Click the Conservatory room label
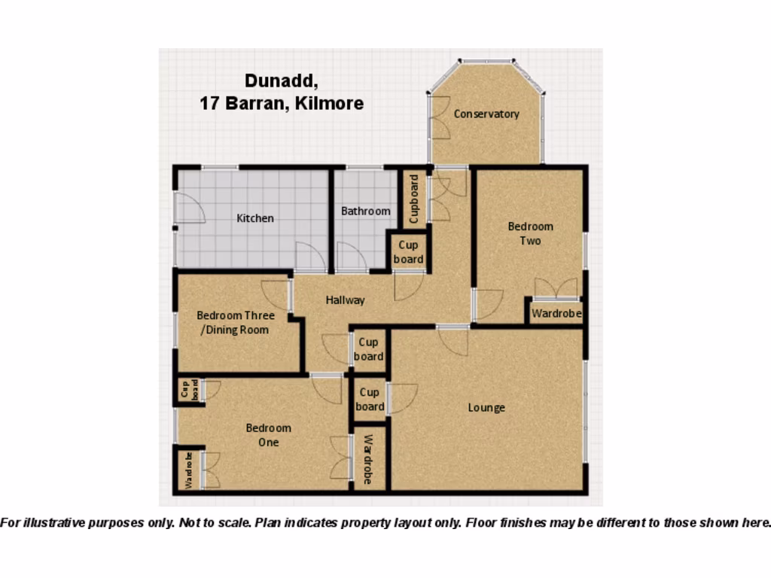[486, 114]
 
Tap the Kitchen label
[255, 218]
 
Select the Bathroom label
[366, 211]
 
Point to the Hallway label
[345, 300]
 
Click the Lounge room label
[486, 408]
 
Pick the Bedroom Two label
[530, 233]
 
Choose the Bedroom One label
[268, 435]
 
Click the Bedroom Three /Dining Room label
[236, 322]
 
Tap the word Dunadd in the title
[277, 81]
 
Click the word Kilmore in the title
[331, 104]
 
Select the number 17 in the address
[209, 104]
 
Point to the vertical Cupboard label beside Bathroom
[413, 199]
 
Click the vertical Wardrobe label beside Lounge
[368, 459]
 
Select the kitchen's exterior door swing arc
[190, 208]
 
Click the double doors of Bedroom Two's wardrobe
[556, 289]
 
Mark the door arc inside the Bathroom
[351, 257]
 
